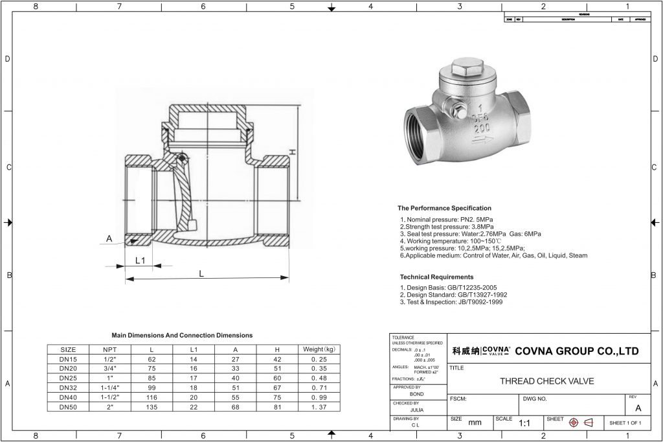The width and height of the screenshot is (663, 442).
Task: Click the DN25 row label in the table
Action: (x=68, y=378)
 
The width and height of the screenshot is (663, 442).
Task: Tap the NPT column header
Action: (x=109, y=349)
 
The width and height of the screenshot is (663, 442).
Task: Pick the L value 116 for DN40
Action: (x=152, y=397)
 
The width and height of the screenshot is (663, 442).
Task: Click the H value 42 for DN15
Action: (x=278, y=358)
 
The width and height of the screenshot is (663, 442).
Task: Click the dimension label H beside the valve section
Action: (x=293, y=152)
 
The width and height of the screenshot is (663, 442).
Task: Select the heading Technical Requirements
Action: (x=436, y=277)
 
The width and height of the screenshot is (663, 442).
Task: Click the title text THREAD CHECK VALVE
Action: (x=547, y=381)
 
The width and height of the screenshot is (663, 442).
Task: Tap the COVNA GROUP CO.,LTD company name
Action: (x=576, y=351)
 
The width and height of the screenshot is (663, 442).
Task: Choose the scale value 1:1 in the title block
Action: (x=525, y=423)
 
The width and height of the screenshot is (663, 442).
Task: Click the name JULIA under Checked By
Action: (x=418, y=410)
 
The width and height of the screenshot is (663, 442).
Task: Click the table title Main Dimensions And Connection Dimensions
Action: (x=182, y=335)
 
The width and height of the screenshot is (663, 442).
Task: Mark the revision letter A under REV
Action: (x=638, y=408)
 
